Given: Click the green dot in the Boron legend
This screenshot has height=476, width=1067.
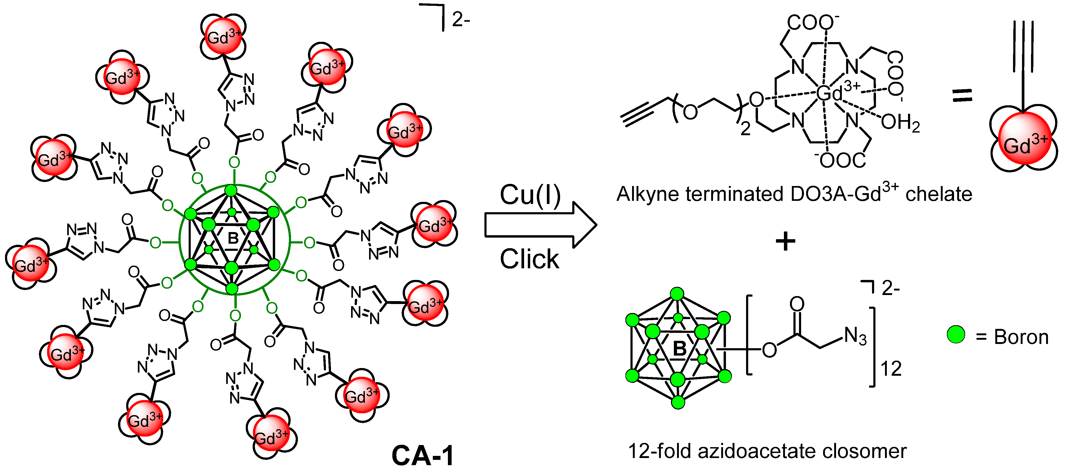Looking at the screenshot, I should point(956,334).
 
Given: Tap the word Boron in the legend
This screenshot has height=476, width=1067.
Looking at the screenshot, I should point(1021,337).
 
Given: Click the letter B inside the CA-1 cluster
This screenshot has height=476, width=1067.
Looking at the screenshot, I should point(233,238).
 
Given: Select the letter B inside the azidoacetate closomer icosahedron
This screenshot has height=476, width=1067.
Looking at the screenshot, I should point(679,348).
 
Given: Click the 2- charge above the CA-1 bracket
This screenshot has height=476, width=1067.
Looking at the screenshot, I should point(461,20).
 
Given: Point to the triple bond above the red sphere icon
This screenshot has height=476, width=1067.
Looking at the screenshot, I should point(1023,46).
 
